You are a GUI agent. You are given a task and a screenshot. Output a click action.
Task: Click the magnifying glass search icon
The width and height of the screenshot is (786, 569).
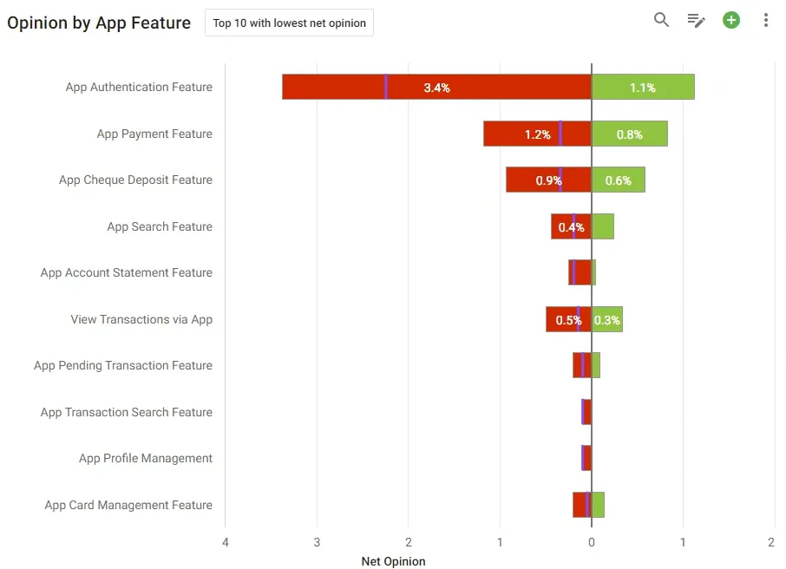pyautogui.click(x=661, y=20)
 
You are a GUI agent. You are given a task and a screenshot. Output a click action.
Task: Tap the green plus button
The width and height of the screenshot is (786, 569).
pyautogui.click(x=730, y=20)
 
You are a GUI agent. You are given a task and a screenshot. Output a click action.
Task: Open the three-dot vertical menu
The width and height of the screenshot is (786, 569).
pyautogui.click(x=765, y=20)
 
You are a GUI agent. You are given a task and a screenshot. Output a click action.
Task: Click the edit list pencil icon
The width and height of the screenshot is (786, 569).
pyautogui.click(x=696, y=21)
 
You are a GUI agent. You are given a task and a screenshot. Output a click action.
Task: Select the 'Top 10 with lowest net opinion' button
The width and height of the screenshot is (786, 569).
pyautogui.click(x=289, y=23)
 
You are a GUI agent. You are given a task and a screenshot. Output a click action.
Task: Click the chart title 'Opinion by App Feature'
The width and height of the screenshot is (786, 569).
pyautogui.click(x=99, y=23)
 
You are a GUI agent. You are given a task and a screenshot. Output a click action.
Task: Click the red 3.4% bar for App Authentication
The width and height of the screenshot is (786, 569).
pyautogui.click(x=436, y=87)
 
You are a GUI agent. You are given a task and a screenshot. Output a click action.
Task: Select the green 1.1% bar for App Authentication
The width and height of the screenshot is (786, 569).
pyautogui.click(x=643, y=87)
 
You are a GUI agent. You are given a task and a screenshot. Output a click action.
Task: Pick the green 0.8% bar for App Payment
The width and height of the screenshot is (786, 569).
pyautogui.click(x=630, y=134)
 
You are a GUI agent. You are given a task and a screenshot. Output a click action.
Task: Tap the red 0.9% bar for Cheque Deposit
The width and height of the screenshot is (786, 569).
pyautogui.click(x=549, y=180)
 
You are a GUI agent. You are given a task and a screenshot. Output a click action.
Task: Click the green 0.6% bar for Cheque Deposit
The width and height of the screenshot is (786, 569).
pyautogui.click(x=619, y=180)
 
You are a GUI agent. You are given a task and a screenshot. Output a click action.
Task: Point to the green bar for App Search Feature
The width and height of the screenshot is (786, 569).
pyautogui.click(x=603, y=226)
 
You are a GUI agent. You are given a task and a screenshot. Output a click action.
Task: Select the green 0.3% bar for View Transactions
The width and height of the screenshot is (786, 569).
pyautogui.click(x=607, y=319)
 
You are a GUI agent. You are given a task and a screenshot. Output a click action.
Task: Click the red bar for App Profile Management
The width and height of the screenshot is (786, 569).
pyautogui.click(x=586, y=458)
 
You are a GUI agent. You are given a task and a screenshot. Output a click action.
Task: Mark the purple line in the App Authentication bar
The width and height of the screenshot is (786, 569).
pyautogui.click(x=386, y=87)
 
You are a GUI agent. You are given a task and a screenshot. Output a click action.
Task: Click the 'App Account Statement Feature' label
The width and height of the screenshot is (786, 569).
pyautogui.click(x=127, y=272)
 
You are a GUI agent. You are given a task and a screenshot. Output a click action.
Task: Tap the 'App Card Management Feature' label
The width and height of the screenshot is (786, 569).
pyautogui.click(x=128, y=505)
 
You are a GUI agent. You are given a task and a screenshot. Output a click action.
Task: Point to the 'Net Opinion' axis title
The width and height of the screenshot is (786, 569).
pyautogui.click(x=394, y=561)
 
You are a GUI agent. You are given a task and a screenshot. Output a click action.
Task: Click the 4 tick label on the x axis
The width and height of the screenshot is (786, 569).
pyautogui.click(x=226, y=542)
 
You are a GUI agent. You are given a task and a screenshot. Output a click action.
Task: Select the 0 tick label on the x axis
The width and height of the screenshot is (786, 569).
pyautogui.click(x=592, y=542)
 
